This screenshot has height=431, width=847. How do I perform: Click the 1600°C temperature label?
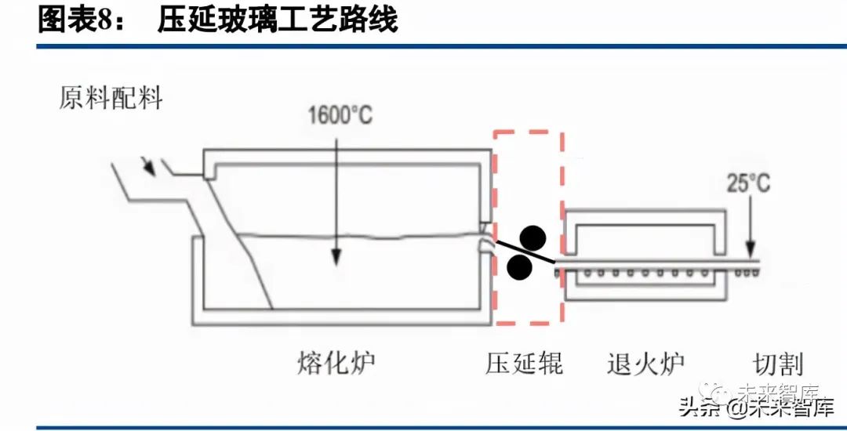coord(340,116)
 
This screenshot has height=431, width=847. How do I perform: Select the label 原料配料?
coord(111,99)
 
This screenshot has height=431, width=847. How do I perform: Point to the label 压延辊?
coord(524,363)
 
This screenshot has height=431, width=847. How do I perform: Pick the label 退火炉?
coord(645,363)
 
